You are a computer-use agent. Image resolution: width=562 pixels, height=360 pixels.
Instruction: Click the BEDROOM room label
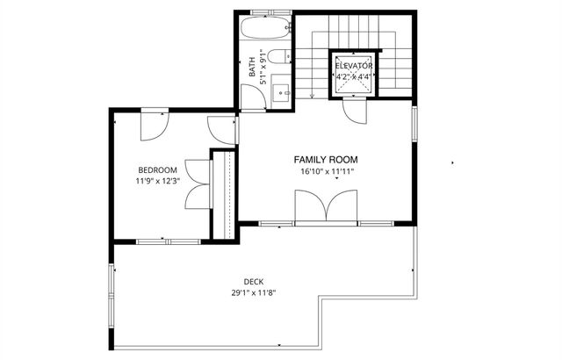[x=158, y=169]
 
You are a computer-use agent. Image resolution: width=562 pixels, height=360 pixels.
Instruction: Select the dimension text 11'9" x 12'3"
[x=158, y=181]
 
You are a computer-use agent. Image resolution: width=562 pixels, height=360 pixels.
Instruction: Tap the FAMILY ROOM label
[x=326, y=160]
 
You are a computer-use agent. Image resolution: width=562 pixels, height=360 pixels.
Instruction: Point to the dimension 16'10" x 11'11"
[x=326, y=172]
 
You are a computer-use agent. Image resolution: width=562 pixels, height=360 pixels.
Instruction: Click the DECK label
[x=255, y=281]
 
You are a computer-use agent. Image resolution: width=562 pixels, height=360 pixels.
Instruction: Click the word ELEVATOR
[x=353, y=66]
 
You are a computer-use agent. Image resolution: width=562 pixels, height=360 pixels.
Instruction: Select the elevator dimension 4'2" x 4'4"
[x=353, y=76]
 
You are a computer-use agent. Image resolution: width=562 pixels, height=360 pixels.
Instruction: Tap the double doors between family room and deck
[x=326, y=209]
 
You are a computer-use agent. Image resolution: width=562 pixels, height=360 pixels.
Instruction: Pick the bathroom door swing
[x=252, y=98]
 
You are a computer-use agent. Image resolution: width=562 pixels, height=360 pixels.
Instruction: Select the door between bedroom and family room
[x=222, y=130]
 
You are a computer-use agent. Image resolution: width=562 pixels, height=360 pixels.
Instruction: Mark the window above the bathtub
[x=269, y=11]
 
